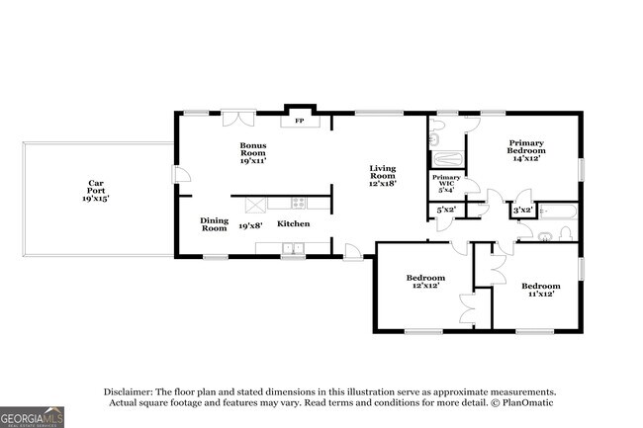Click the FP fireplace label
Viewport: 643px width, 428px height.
coord(300,121)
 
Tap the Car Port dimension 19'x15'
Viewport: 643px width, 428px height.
coord(96,199)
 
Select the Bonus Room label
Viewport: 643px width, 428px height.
coord(253,149)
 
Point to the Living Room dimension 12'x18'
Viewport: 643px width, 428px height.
coord(383,184)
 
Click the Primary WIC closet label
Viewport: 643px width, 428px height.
coord(446,181)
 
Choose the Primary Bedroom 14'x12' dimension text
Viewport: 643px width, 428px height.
coord(526,158)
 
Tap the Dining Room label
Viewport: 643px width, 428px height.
coord(214,224)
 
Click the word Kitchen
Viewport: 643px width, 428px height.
coord(293,223)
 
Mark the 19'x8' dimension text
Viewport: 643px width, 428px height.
coord(250,225)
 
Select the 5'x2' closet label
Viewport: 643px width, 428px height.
coord(446,210)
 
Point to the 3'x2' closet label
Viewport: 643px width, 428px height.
coord(523,211)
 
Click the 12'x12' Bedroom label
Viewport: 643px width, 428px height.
coord(425,282)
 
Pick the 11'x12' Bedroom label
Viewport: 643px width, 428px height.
coord(541,290)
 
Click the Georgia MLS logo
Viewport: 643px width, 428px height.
coord(32,417)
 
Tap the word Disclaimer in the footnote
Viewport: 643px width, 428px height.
coord(128,392)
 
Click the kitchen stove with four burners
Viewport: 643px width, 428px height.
coord(298,203)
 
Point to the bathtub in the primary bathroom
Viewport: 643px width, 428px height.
coord(448,158)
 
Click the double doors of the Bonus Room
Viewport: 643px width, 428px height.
coord(238,118)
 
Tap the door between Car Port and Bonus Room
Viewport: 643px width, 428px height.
coord(181,175)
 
